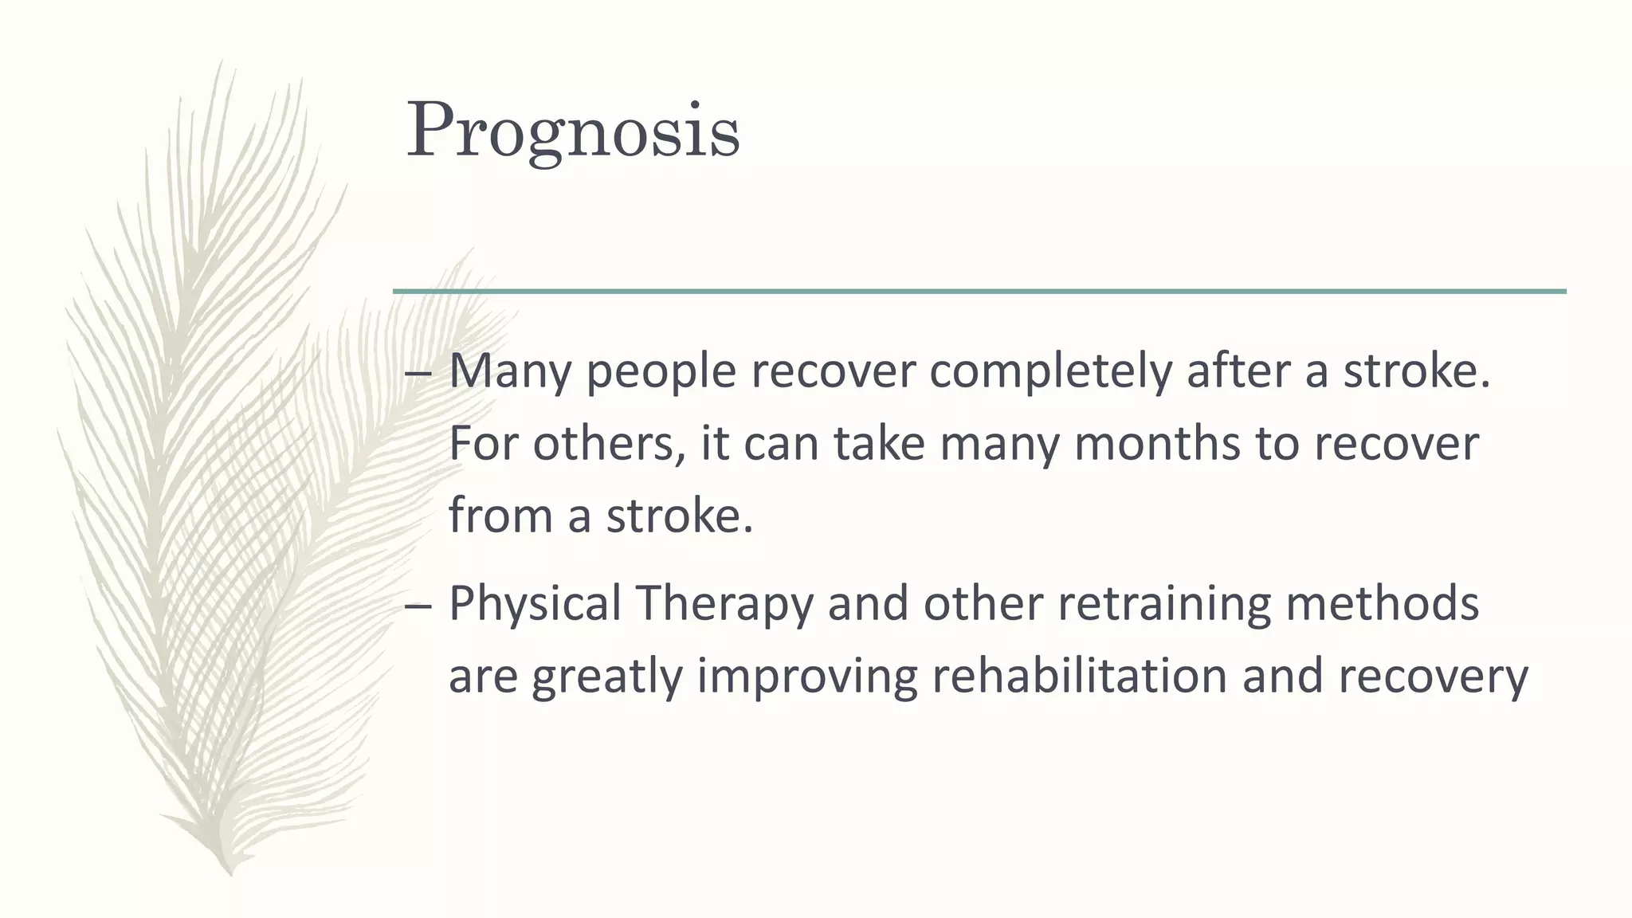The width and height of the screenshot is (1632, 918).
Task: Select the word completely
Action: [1050, 371]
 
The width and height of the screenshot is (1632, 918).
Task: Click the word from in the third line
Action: [500, 515]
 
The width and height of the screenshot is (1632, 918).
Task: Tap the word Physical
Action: [535, 604]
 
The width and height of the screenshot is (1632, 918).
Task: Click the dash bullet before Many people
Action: [418, 374]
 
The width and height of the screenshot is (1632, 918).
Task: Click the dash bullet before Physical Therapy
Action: [418, 606]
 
